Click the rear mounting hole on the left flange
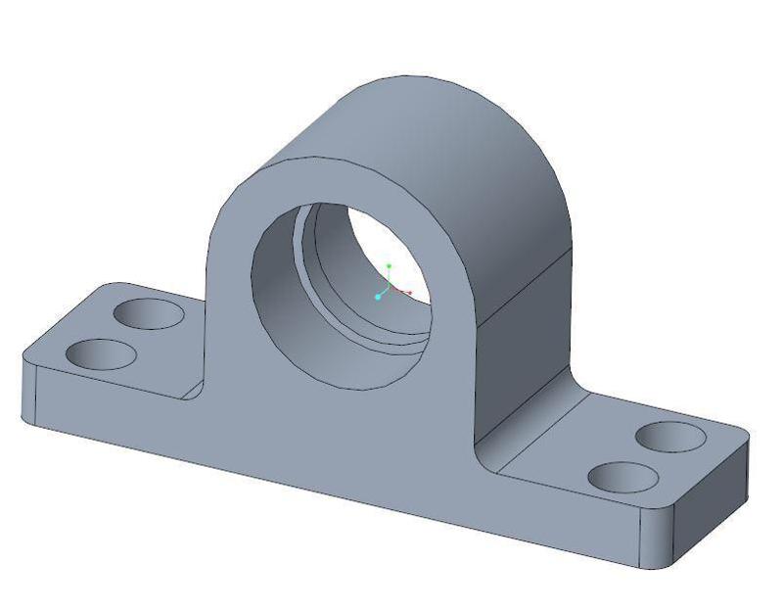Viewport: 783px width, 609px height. coord(149,314)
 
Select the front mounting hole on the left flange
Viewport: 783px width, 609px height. coord(103,354)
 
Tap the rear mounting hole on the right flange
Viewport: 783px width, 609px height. coord(669,436)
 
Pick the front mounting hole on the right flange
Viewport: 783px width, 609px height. coord(622,478)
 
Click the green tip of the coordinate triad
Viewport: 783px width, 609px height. coord(389,265)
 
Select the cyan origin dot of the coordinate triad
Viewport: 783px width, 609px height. coord(378,297)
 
